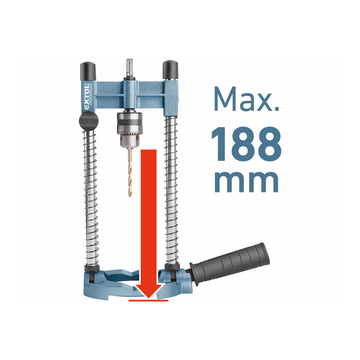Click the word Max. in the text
coord(246,99)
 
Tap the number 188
coord(246,144)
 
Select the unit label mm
coord(246,181)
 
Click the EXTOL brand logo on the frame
coord(86,96)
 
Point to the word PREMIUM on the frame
coord(91,94)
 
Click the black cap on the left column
coord(88,71)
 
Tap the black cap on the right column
coord(170,70)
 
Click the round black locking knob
coord(89,121)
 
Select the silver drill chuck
coord(130,130)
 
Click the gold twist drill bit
coord(130,172)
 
